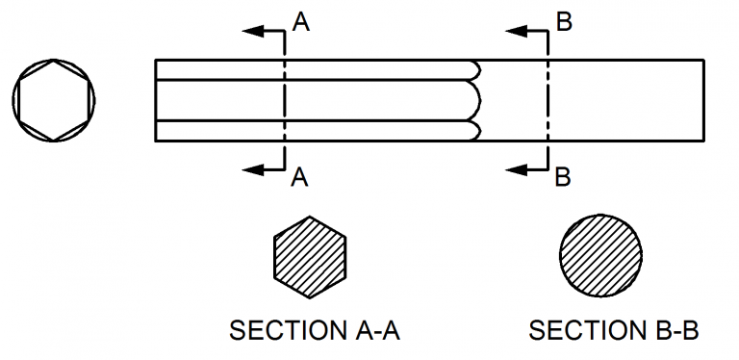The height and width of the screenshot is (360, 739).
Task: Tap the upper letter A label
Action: [x=300, y=22]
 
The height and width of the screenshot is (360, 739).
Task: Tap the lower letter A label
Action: [x=300, y=177]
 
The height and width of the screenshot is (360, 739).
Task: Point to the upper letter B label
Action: [x=564, y=22]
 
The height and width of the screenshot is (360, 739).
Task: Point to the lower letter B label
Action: [x=564, y=177]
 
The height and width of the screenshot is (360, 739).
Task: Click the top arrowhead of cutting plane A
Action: [x=253, y=31]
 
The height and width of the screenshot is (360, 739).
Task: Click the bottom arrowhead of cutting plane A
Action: [x=253, y=169]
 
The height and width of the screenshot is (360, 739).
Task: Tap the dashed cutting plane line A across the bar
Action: [x=284, y=100]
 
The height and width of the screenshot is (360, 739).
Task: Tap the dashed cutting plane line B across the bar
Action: [x=548, y=100]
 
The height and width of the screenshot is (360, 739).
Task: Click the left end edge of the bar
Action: [x=156, y=100]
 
